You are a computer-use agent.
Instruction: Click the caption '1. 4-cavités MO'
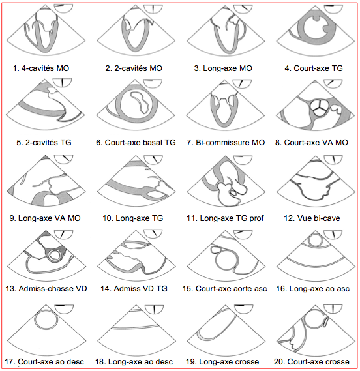coord(41,68)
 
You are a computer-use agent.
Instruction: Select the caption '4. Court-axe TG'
coord(314,68)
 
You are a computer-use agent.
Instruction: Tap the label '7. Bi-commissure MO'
coord(226,143)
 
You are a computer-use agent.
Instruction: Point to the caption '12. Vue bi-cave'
coord(312,218)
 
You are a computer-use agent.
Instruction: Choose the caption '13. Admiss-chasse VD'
coord(46,289)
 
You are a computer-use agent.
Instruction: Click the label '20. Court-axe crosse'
coord(312,361)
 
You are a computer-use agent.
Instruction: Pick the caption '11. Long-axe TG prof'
coord(225,218)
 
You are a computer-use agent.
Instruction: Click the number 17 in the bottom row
coord(9,361)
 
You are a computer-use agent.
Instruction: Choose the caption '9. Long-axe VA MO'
coord(45,218)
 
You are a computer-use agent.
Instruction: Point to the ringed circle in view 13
coord(56,256)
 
